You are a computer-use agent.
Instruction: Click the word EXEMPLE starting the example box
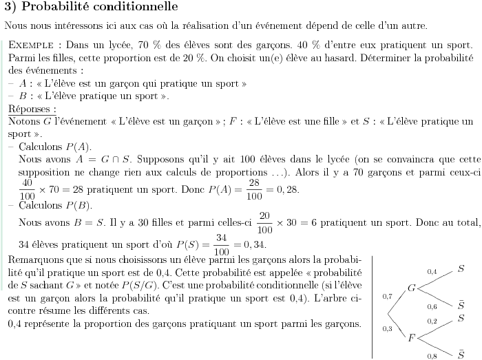pyautogui.click(x=28, y=43)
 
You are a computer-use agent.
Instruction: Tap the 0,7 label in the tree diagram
pyautogui.click(x=387, y=297)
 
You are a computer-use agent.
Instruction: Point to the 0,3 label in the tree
pyautogui.click(x=387, y=329)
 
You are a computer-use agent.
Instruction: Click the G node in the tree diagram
pyautogui.click(x=411, y=287)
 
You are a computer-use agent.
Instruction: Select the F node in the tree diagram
pyautogui.click(x=411, y=337)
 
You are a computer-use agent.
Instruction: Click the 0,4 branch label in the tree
pyautogui.click(x=432, y=272)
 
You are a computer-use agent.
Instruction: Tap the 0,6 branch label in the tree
pyautogui.click(x=432, y=306)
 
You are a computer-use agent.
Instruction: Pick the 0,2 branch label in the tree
pyautogui.click(x=432, y=321)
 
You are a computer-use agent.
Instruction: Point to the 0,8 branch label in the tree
pyautogui.click(x=432, y=355)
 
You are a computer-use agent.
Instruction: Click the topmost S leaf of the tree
pyautogui.click(x=461, y=266)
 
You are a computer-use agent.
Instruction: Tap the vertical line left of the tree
pyautogui.click(x=372, y=306)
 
